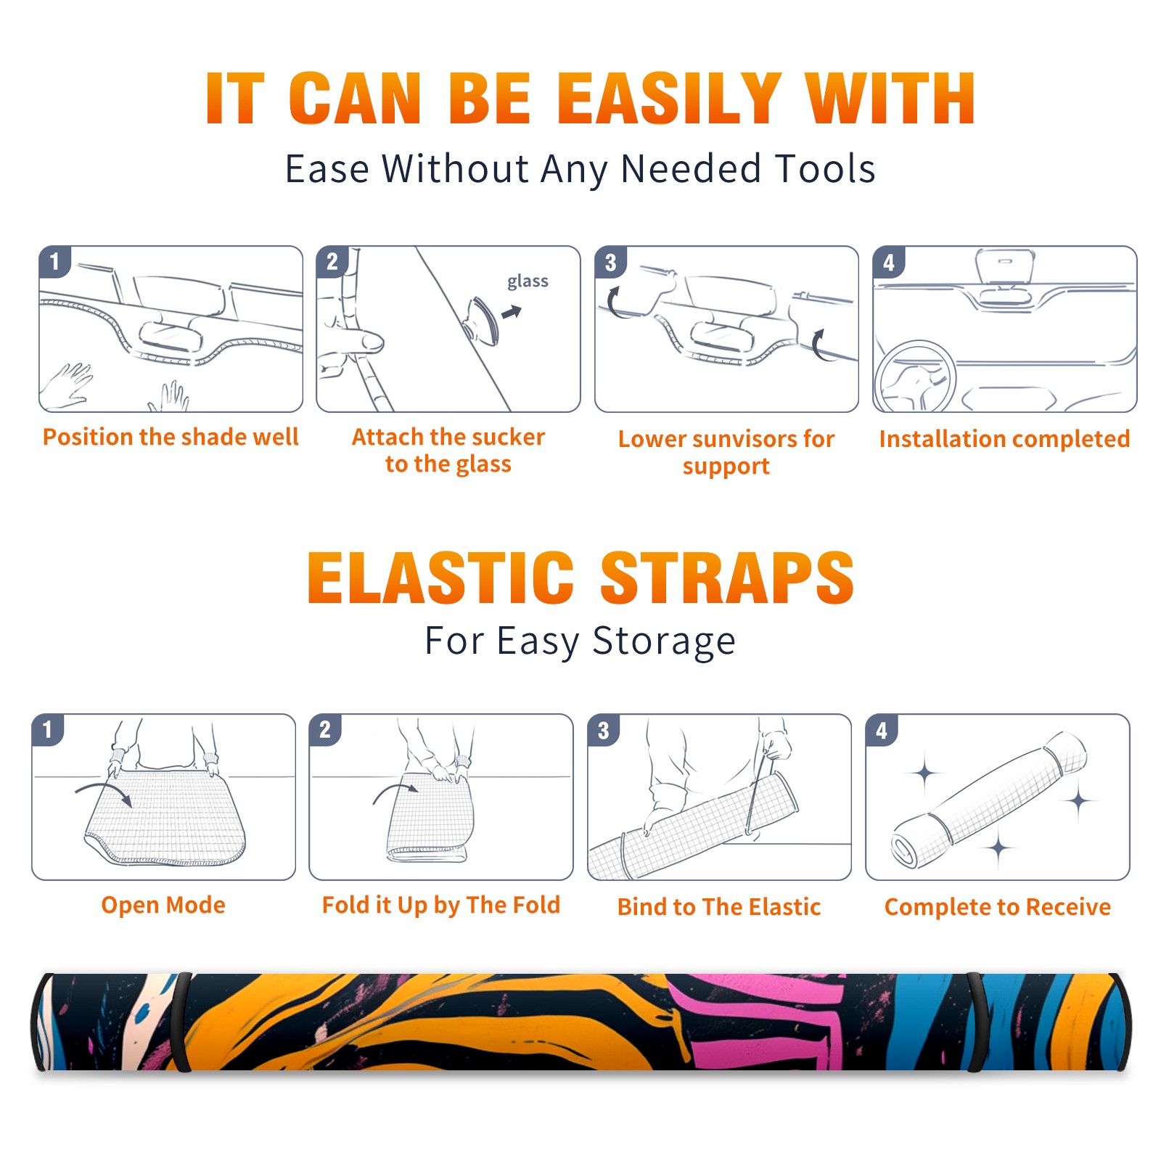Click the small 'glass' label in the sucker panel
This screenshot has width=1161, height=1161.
pyautogui.click(x=528, y=281)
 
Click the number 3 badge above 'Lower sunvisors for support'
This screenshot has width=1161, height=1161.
pyautogui.click(x=610, y=262)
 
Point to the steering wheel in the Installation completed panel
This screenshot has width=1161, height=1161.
pyautogui.click(x=915, y=377)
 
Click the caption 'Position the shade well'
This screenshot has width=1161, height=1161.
pyautogui.click(x=171, y=437)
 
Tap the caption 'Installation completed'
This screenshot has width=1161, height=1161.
pyautogui.click(x=1004, y=438)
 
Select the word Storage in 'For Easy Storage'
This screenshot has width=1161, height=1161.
pyautogui.click(x=664, y=641)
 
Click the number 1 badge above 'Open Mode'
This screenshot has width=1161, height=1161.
pyautogui.click(x=48, y=729)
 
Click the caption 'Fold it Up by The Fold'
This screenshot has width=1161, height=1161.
pyautogui.click(x=441, y=905)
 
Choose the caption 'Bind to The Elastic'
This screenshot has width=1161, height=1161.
pyautogui.click(x=719, y=907)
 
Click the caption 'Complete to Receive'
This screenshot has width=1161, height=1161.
pyautogui.click(x=998, y=907)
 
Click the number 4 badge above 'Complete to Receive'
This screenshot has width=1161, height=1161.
pyautogui.click(x=882, y=730)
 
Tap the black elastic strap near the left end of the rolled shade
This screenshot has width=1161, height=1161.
pyautogui.click(x=181, y=1022)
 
